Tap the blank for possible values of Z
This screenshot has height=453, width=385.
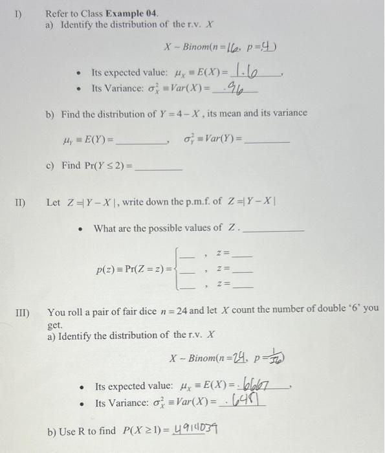(x=272, y=228)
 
